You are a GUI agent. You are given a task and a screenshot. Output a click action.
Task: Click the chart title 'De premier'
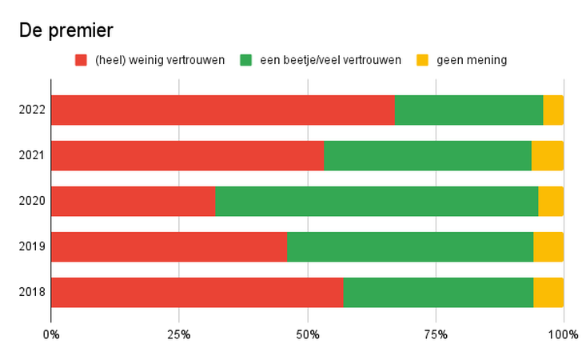[x=66, y=30]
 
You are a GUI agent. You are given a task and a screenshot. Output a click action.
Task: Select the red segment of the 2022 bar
[x=222, y=110]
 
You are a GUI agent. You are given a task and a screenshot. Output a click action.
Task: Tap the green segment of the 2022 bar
[x=468, y=110]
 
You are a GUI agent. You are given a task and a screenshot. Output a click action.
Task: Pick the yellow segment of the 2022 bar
[x=553, y=110]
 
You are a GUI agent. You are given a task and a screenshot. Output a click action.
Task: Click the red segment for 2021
[x=187, y=155]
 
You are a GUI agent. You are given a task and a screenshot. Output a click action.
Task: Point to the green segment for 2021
[x=428, y=155]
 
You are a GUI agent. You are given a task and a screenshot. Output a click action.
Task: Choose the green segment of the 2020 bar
[x=377, y=201]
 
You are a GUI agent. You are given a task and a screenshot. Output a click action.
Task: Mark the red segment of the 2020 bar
[x=133, y=201]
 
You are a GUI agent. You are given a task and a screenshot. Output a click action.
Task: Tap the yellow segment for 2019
[x=548, y=246]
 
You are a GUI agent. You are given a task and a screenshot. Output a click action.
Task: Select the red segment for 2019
[x=169, y=246]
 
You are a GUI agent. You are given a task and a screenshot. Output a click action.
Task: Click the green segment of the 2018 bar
[x=438, y=292]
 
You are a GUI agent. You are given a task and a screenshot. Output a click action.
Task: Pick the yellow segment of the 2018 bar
[x=548, y=292]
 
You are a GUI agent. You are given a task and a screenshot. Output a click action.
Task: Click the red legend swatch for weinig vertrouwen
[x=81, y=60]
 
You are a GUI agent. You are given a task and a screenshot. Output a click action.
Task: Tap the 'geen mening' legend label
[x=472, y=60]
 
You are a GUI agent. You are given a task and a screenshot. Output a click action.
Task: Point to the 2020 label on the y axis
[x=32, y=201]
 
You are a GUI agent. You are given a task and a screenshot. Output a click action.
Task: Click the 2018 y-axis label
[x=32, y=292]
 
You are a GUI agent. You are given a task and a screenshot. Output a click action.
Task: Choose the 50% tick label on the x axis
[x=307, y=334]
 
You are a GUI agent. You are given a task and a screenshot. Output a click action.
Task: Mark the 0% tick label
[x=51, y=334]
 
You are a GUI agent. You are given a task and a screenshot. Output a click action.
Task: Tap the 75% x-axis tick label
[x=435, y=334]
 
